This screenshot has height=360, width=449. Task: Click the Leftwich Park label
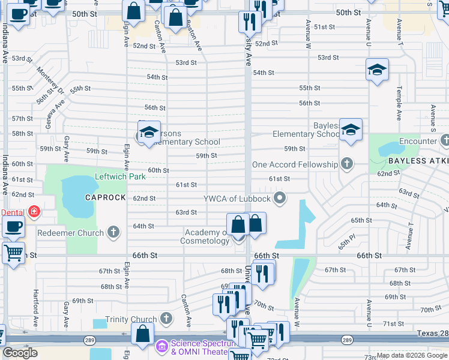tap(120, 177)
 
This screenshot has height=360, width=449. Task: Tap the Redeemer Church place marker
tap(113, 232)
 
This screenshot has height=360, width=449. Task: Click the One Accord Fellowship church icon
tap(346, 163)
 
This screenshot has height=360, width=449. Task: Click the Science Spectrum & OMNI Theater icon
tap(161, 346)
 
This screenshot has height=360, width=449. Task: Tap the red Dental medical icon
tap(34, 212)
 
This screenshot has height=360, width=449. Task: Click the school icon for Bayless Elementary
tap(351, 130)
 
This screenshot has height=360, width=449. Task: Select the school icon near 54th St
tap(377, 70)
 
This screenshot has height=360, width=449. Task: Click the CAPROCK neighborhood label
tap(105, 197)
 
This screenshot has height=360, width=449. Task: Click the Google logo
tap(20, 353)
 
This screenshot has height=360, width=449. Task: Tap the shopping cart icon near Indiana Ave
tap(13, 253)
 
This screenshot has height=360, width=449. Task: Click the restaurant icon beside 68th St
tap(262, 273)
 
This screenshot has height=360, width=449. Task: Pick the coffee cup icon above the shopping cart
tap(13, 227)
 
